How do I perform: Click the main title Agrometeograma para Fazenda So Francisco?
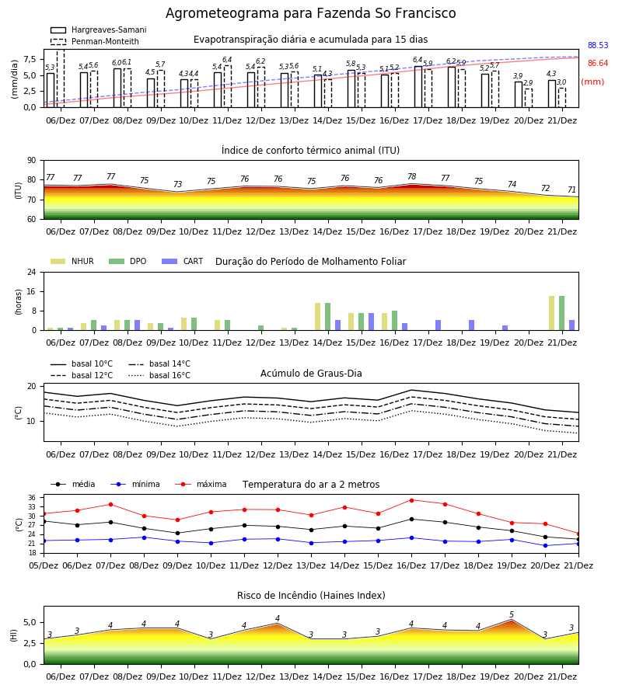pyautogui.click(x=310, y=13)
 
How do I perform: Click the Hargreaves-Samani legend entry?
pyautogui.click(x=99, y=30)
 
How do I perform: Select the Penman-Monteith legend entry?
pyautogui.click(x=95, y=41)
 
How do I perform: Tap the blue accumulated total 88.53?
pyautogui.click(x=598, y=46)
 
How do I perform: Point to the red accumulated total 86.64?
pyautogui.click(x=598, y=64)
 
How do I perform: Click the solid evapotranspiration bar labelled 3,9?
pyautogui.click(x=519, y=95)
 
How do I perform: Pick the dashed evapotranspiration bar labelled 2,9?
pyautogui.click(x=528, y=98)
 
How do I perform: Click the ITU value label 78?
pyautogui.click(x=412, y=176)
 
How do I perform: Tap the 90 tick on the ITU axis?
pyautogui.click(x=32, y=161)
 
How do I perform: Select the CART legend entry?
pyautogui.click(x=183, y=261)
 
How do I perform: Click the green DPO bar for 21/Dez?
pyautogui.click(x=562, y=313)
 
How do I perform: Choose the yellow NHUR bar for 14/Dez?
pyautogui.click(x=318, y=317)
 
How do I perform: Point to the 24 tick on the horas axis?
pyautogui.click(x=32, y=272)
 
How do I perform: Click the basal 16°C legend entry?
pyautogui.click(x=159, y=375)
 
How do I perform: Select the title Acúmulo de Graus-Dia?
pyautogui.click(x=311, y=374)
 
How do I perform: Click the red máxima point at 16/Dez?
pyautogui.click(x=411, y=500)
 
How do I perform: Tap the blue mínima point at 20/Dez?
pyautogui.click(x=545, y=546)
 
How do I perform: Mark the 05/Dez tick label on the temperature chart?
pyautogui.click(x=44, y=565)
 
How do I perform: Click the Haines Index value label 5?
pyautogui.click(x=512, y=615)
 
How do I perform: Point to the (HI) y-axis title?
pyautogui.click(x=14, y=635)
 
